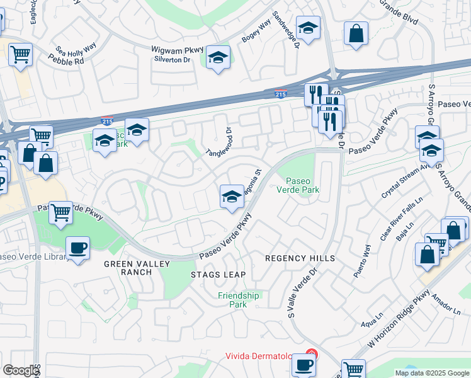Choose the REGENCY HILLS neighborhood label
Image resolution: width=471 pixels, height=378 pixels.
(300, 259)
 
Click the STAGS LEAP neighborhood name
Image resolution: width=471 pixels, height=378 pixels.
(218, 275)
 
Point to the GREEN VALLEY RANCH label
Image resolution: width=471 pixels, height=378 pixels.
(128, 268)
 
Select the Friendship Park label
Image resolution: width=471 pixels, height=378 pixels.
(238, 300)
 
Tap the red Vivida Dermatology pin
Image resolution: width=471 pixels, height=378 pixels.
(310, 355)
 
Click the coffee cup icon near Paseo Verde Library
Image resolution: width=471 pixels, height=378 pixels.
(77, 248)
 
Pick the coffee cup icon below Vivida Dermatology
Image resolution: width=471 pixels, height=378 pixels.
(304, 364)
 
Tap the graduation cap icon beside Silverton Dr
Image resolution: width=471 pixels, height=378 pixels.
(218, 59)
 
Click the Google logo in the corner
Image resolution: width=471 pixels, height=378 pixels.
(21, 370)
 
